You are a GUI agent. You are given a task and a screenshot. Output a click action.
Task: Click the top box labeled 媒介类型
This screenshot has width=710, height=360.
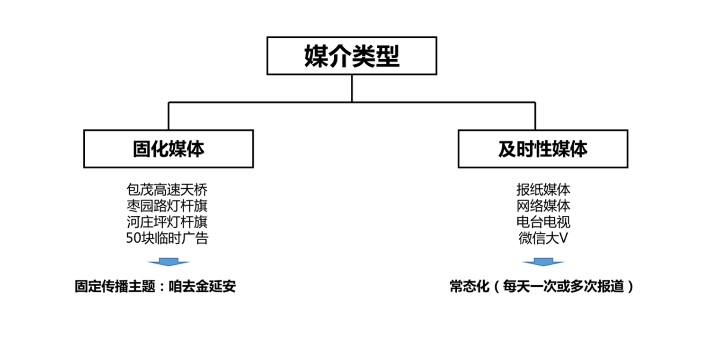[352, 56]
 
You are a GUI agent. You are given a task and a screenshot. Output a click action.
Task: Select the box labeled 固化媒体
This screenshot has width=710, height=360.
[169, 149]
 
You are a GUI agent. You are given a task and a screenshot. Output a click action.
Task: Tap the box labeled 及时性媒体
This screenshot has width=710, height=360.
[543, 149]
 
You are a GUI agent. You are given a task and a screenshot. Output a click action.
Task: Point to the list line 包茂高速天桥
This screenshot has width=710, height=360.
[167, 190]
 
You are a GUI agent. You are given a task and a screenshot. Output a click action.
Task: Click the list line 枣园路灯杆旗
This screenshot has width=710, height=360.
[167, 206]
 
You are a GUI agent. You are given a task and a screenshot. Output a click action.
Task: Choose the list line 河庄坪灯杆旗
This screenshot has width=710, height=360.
[167, 222]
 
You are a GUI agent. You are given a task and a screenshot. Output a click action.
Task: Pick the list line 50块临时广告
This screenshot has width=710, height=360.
[167, 238]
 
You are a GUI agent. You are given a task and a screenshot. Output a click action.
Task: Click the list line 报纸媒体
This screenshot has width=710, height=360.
[543, 190]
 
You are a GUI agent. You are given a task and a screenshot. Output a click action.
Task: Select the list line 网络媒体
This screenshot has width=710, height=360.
[543, 206]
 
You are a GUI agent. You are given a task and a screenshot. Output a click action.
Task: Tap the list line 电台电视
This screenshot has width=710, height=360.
[543, 222]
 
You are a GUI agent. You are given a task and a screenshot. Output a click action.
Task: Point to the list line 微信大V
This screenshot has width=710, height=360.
[543, 238]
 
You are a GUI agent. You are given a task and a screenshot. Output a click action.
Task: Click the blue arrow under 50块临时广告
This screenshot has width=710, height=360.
[169, 262]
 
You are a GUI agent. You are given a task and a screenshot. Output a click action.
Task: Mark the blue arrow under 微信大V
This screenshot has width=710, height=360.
[543, 262]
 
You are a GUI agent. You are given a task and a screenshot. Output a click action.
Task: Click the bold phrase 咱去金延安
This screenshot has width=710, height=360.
[202, 287]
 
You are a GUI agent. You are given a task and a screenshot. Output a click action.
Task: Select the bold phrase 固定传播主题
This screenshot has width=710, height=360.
[115, 287]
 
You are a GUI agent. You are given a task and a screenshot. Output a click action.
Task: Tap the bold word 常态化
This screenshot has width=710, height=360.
[470, 287]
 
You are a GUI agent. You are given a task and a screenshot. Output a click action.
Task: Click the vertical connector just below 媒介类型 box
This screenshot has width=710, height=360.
[352, 88]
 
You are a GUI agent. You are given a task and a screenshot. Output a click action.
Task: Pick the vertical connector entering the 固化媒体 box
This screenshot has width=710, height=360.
[169, 116]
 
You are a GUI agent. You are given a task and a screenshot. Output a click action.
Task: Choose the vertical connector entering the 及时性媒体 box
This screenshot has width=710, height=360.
[535, 116]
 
